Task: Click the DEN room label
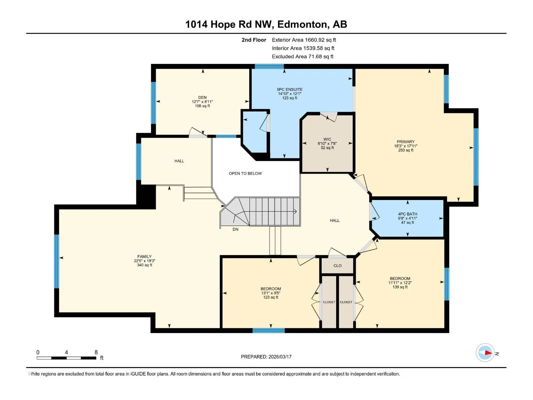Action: [x=202, y=97]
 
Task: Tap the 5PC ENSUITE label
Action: [x=290, y=89]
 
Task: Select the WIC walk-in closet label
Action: [x=327, y=139]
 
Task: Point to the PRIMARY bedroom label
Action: [x=405, y=142]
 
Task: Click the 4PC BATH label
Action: [x=407, y=214]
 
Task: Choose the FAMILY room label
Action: [x=145, y=256]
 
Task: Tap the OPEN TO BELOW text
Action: [x=245, y=173]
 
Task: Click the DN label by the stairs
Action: [x=235, y=229]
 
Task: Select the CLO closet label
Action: [x=337, y=266]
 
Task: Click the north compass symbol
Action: [x=485, y=353]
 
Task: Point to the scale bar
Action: [x=67, y=358]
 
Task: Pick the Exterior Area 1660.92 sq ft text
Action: [x=304, y=40]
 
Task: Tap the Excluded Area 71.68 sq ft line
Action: [x=302, y=57]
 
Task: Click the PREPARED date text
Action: [x=266, y=357]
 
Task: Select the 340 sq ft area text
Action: [x=145, y=265]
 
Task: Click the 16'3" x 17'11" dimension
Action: [x=405, y=146]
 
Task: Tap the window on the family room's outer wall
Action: [x=57, y=261]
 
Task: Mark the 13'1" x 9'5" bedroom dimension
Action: [x=271, y=293]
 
